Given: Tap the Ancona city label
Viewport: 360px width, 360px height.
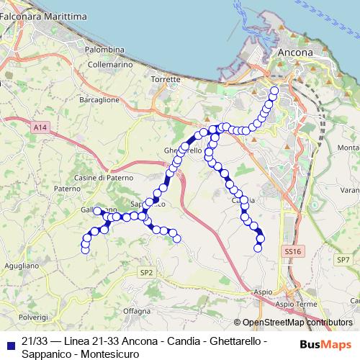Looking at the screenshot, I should pyautogui.click(x=295, y=53).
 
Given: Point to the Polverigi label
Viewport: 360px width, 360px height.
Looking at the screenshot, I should pyautogui.click(x=33, y=317).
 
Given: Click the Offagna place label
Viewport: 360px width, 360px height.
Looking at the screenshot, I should pyautogui.click(x=136, y=310).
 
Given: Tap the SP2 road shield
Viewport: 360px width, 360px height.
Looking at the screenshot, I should pyautogui.click(x=146, y=272).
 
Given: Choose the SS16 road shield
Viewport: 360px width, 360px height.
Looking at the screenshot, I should pyautogui.click(x=292, y=251).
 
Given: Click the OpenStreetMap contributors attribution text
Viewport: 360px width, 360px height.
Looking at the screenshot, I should pyautogui.click(x=298, y=323).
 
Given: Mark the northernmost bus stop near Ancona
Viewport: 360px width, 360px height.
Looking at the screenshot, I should pyautogui.click(x=274, y=91).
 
